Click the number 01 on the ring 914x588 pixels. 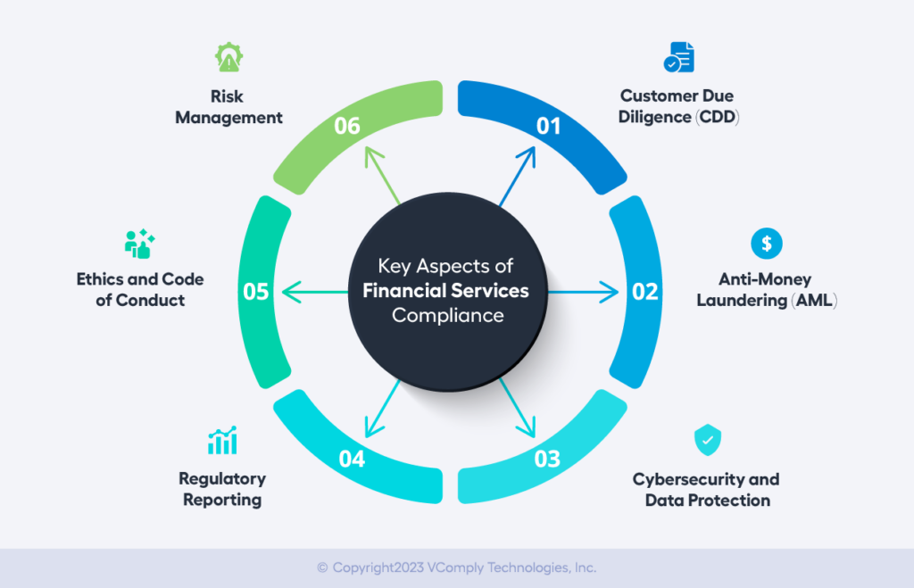548,126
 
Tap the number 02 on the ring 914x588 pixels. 644,292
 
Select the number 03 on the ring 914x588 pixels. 547,459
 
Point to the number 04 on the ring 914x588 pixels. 352,459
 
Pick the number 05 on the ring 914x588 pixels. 256,292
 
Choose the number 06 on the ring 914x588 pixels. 346,126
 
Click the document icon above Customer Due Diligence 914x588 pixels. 678,57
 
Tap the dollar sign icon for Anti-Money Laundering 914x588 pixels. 766,242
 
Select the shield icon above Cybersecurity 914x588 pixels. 707,440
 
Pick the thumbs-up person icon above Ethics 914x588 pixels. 140,244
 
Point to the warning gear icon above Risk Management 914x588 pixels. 228,57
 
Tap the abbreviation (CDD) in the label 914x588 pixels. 719,116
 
